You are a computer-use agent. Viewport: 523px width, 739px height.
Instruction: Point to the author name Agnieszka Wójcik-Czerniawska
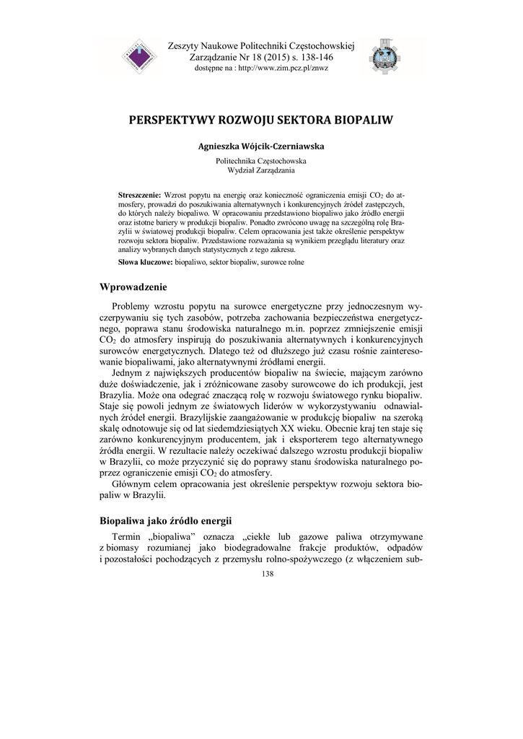coord(261,146)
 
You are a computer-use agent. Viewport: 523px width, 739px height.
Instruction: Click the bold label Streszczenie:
coord(140,196)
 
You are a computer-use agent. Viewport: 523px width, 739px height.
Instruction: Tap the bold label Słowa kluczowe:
coord(144,261)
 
